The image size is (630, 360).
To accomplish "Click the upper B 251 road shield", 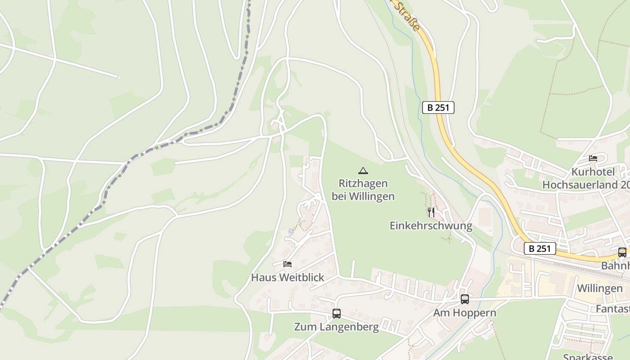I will click(438, 108).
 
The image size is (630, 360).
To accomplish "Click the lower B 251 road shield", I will click(540, 248).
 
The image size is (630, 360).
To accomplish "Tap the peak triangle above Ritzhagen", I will click(363, 171).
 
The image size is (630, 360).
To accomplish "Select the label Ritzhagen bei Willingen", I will click(363, 190).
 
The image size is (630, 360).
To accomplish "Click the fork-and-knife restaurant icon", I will click(431, 212).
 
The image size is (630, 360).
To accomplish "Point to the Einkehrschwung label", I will click(431, 225).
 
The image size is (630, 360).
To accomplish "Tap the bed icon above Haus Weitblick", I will click(288, 264).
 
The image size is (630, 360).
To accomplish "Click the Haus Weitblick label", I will click(288, 277).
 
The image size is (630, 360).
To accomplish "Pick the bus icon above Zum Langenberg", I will click(336, 314).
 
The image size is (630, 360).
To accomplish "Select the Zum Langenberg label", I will click(336, 327).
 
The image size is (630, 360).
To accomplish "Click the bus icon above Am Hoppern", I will click(464, 299).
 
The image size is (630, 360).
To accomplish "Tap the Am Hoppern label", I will click(464, 312).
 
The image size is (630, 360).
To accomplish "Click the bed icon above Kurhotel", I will click(593, 158).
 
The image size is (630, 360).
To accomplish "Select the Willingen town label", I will click(599, 288).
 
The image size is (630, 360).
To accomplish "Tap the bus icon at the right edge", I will click(622, 252).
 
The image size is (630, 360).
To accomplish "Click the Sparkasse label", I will click(588, 357).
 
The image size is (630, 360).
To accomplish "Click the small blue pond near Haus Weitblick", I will click(290, 232).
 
